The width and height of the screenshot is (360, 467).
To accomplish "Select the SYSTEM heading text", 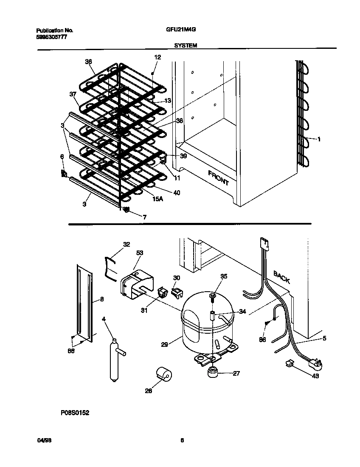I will click(x=186, y=45).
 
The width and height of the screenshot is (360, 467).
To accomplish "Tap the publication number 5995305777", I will click(x=51, y=37).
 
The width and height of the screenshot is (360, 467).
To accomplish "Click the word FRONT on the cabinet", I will click(x=218, y=177).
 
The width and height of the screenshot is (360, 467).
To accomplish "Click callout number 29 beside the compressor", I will click(x=164, y=345).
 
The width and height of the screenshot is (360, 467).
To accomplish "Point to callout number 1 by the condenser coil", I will click(x=318, y=139).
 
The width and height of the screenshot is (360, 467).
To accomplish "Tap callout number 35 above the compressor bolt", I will click(x=224, y=276).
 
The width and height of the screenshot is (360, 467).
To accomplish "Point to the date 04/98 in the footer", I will click(x=42, y=440).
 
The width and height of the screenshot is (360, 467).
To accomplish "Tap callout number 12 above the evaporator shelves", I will click(x=157, y=57).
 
